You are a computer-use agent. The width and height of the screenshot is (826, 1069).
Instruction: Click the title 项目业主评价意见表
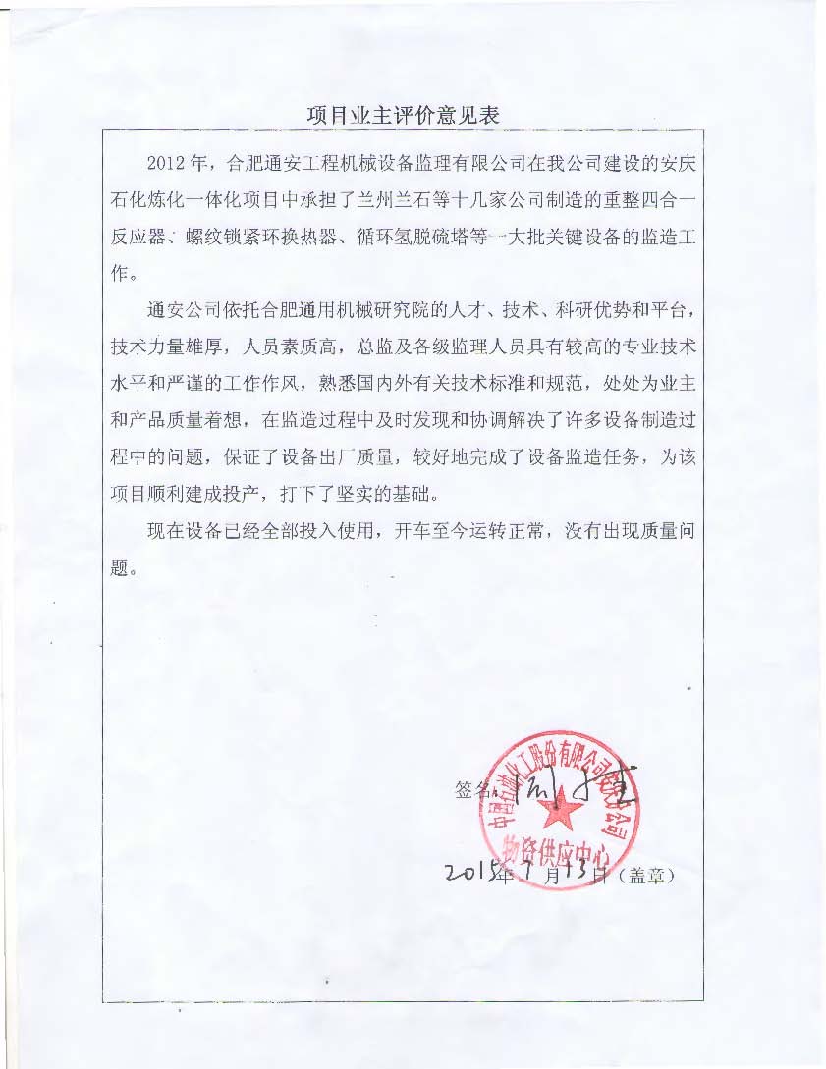[x=404, y=115]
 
